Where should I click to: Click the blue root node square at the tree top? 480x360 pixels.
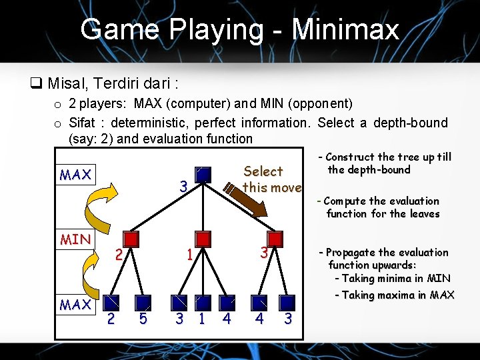tap(204, 175)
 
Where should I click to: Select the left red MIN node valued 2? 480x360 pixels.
tap(132, 239)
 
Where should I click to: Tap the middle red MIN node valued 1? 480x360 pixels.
tap(203, 239)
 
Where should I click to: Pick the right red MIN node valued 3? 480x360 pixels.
tap(274, 239)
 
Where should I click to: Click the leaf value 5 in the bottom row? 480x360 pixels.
tap(143, 319)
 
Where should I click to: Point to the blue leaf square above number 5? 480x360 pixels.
tap(143, 302)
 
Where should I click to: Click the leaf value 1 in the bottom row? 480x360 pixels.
tap(201, 319)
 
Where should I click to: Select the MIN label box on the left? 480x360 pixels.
tap(75, 239)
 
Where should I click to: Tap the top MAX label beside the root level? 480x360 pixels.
tap(75, 175)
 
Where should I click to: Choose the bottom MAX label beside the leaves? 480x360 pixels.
tap(75, 305)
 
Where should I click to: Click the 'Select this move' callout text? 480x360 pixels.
tap(271, 179)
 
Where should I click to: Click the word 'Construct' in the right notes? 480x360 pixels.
tap(350, 157)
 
